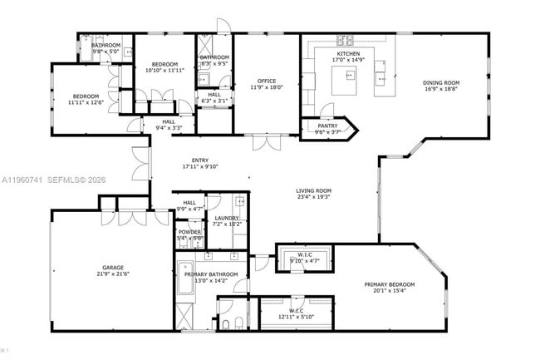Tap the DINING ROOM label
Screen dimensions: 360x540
pyautogui.click(x=441, y=82)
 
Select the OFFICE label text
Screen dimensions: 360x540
pyautogui.click(x=266, y=81)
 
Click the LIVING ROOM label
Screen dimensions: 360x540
pyautogui.click(x=313, y=190)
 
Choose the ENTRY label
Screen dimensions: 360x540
pyautogui.click(x=200, y=160)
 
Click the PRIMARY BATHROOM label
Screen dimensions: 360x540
pyautogui.click(x=211, y=274)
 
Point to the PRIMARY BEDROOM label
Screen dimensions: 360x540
pyautogui.click(x=389, y=284)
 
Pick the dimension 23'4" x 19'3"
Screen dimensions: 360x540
pyautogui.click(x=313, y=197)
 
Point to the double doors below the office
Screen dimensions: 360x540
pyautogui.click(x=266, y=142)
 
